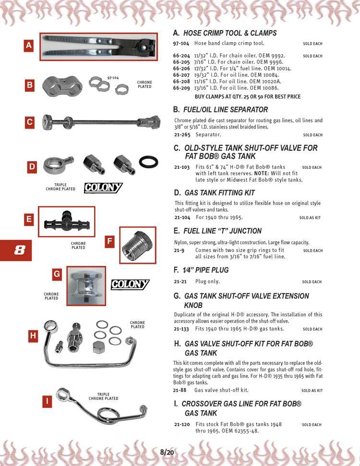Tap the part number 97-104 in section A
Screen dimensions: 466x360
pos(180,43)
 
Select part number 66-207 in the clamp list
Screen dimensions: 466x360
pos(181,75)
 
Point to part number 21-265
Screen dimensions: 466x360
pos(181,135)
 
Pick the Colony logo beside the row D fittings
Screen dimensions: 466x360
pos(103,188)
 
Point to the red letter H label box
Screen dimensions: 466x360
pos(33,336)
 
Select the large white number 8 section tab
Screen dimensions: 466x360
pos(19,250)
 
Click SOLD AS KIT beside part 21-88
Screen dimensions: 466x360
pos(312,391)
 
